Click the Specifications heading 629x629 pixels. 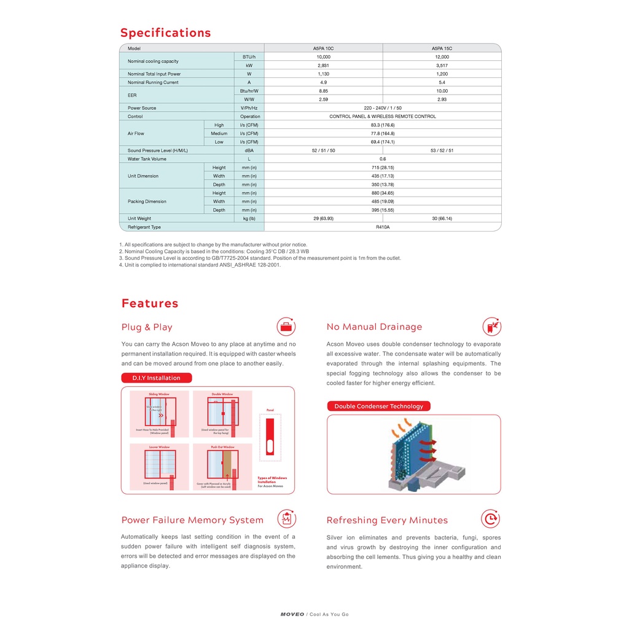165,33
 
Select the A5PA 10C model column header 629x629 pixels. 323,48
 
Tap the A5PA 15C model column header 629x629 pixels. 442,48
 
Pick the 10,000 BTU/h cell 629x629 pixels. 323,57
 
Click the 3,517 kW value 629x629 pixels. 442,65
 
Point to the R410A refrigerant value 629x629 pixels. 383,227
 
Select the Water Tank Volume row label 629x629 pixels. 147,159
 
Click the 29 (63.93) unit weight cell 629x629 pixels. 323,219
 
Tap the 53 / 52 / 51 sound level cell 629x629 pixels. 442,150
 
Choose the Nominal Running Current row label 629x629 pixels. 153,82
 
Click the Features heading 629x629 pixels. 150,303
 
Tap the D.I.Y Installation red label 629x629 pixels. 156,378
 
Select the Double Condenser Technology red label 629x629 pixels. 378,406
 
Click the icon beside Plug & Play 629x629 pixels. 286,326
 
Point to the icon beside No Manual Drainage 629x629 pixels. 491,326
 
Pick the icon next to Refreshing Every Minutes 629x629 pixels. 490,519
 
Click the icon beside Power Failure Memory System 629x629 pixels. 286,519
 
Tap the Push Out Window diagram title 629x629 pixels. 222,447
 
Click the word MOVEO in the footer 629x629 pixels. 292,614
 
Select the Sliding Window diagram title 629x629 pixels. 159,394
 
